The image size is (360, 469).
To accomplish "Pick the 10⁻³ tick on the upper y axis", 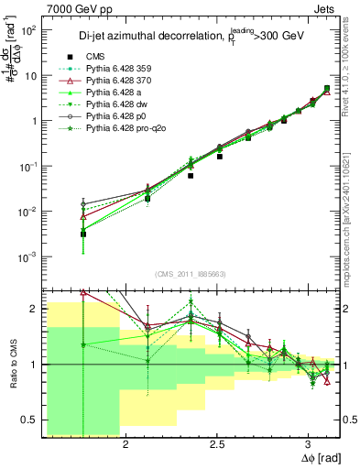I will [x=29, y=256].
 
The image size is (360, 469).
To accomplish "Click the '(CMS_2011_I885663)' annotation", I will [x=192, y=274].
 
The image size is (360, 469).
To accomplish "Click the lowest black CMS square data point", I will [x=83, y=234].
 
